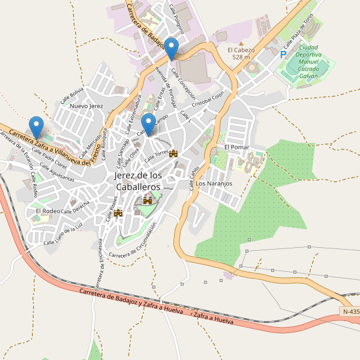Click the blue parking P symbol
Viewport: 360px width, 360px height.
pos(283,55)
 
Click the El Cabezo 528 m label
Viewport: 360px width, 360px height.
pos(241,53)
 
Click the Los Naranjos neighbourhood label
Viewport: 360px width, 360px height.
pos(214,184)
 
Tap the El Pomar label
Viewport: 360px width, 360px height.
pos(236,146)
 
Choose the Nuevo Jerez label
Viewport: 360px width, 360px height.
pos(87,106)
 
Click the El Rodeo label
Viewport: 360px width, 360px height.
pos(47,211)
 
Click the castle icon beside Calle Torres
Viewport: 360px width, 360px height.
pos(174,154)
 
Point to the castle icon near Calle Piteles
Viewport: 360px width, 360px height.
pos(118,212)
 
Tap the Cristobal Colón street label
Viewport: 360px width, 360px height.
pos(207,99)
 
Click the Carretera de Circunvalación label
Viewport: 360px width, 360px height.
pos(133,241)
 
